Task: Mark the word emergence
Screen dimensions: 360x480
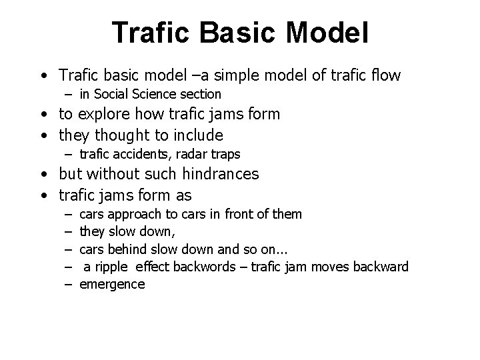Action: coord(112,285)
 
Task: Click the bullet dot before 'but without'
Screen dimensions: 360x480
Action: coord(43,175)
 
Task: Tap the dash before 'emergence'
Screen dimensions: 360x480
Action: coord(68,285)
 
